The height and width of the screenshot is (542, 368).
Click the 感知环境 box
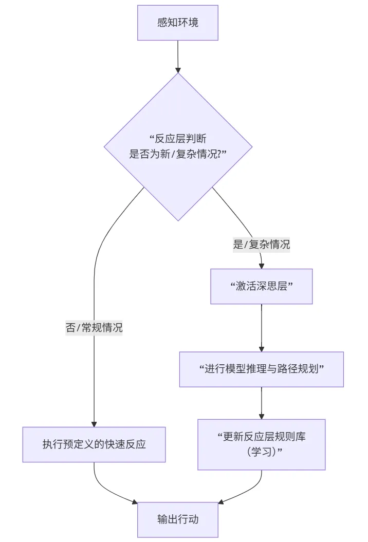click(178, 23)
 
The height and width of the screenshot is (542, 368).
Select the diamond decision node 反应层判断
click(178, 147)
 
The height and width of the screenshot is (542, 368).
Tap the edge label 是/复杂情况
click(261, 245)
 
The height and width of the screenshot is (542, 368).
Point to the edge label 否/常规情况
click(94, 328)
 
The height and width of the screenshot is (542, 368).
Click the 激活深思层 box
click(262, 286)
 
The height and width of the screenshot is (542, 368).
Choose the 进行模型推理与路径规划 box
click(261, 369)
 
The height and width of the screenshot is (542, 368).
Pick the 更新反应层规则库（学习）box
click(262, 444)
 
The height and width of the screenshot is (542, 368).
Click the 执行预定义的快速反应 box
click(94, 444)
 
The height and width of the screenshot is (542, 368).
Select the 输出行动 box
click(178, 519)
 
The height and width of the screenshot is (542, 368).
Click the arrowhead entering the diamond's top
click(178, 69)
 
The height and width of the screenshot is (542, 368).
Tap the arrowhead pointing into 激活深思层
click(262, 266)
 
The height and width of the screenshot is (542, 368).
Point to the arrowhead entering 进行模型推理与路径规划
click(262, 348)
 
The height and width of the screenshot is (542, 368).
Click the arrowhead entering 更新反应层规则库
click(262, 416)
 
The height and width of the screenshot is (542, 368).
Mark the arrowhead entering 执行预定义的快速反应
click(94, 423)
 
